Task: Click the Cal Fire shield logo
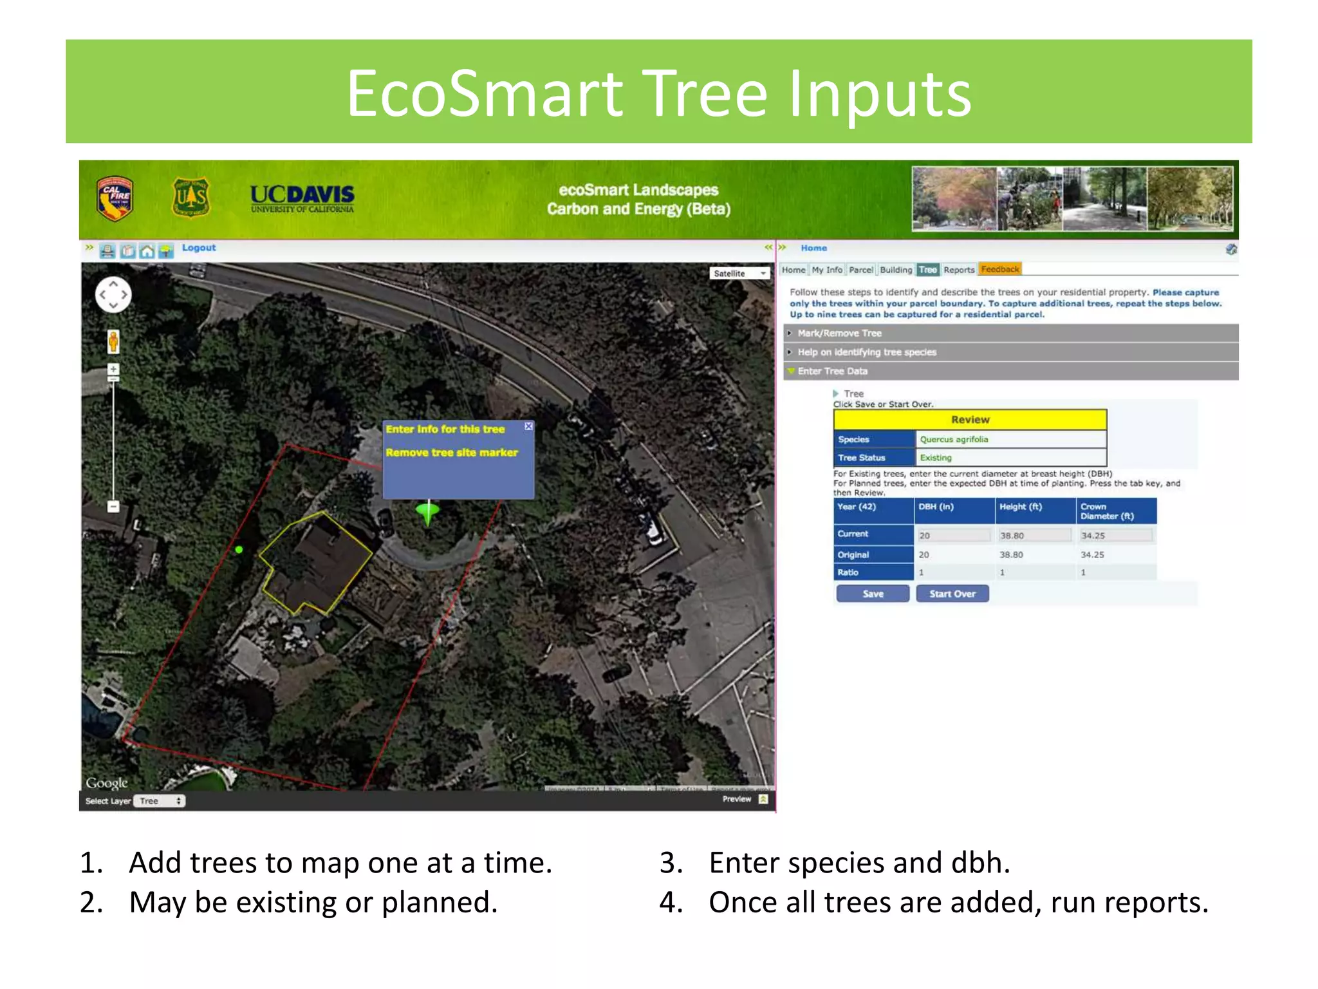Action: point(115,199)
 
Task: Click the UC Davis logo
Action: point(302,198)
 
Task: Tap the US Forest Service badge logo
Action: point(191,198)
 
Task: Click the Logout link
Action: point(198,248)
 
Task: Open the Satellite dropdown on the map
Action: point(740,273)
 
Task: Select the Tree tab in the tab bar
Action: point(927,270)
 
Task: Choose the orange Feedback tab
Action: point(999,269)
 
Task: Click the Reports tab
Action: point(959,270)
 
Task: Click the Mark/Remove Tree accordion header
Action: point(839,333)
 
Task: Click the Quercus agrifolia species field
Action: point(1010,439)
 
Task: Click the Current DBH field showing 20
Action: point(954,535)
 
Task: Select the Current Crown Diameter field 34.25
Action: point(1116,535)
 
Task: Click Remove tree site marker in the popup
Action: point(452,453)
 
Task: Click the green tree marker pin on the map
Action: point(428,513)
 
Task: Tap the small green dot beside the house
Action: point(239,549)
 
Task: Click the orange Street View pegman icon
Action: point(113,341)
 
